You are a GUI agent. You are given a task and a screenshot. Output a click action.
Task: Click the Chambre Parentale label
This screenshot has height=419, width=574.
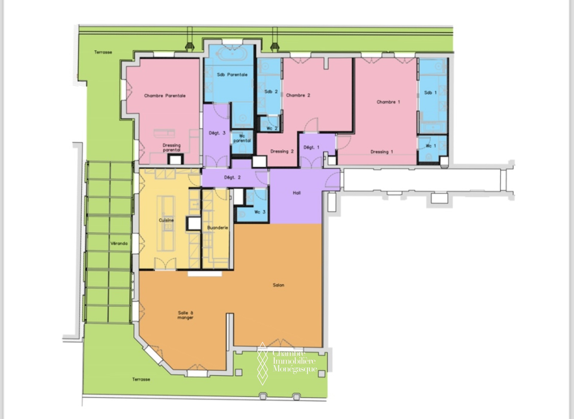[x=165, y=96]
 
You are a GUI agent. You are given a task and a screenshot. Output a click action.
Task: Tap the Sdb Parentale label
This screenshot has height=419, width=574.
[x=232, y=75]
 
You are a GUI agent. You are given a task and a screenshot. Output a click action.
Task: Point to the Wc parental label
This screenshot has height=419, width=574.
[x=242, y=138]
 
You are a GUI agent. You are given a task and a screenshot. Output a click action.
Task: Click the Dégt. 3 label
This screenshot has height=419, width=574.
[x=217, y=133]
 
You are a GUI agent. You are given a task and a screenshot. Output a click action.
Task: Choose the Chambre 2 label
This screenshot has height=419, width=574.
[x=298, y=95]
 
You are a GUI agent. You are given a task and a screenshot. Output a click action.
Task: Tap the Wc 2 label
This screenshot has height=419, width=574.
[x=272, y=128]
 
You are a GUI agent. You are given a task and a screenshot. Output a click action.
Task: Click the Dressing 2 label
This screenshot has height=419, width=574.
[x=282, y=151]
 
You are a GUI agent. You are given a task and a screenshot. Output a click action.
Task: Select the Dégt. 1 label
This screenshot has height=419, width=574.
[x=311, y=147]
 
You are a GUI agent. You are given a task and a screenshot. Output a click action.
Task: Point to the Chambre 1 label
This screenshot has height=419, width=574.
[x=388, y=102]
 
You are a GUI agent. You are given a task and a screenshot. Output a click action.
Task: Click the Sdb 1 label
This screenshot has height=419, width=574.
[x=430, y=93]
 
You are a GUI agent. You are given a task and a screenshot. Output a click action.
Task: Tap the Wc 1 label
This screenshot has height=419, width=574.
[x=431, y=146]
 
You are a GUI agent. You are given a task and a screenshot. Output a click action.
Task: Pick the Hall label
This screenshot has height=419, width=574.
[x=297, y=193]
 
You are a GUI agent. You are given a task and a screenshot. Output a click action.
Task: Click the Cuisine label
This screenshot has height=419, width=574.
[x=166, y=220]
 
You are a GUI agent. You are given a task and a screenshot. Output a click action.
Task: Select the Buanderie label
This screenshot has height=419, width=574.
[x=218, y=228]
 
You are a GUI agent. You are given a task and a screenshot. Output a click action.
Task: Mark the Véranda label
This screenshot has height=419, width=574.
[x=119, y=243]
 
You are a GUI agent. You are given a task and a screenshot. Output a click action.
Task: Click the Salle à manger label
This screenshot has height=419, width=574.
[x=185, y=315]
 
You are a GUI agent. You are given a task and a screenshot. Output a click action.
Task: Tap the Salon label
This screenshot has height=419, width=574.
[x=278, y=285]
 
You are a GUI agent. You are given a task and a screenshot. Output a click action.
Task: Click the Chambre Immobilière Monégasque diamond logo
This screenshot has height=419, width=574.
[x=263, y=363]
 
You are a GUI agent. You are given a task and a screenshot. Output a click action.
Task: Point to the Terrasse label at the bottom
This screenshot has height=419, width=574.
[x=141, y=379]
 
